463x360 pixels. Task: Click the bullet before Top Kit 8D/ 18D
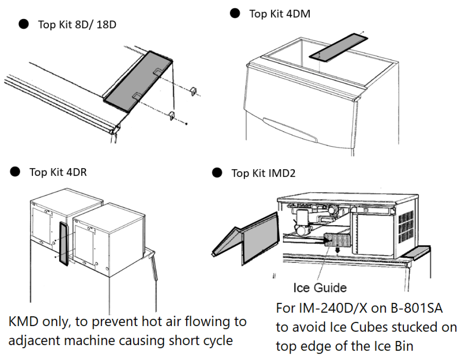pyautogui.click(x=24, y=24)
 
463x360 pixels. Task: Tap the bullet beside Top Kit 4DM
pyautogui.click(x=235, y=14)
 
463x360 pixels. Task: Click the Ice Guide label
pyautogui.click(x=320, y=287)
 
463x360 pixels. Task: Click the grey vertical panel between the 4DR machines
pyautogui.click(x=65, y=244)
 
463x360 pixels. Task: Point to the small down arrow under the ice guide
pyautogui.click(x=336, y=251)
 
